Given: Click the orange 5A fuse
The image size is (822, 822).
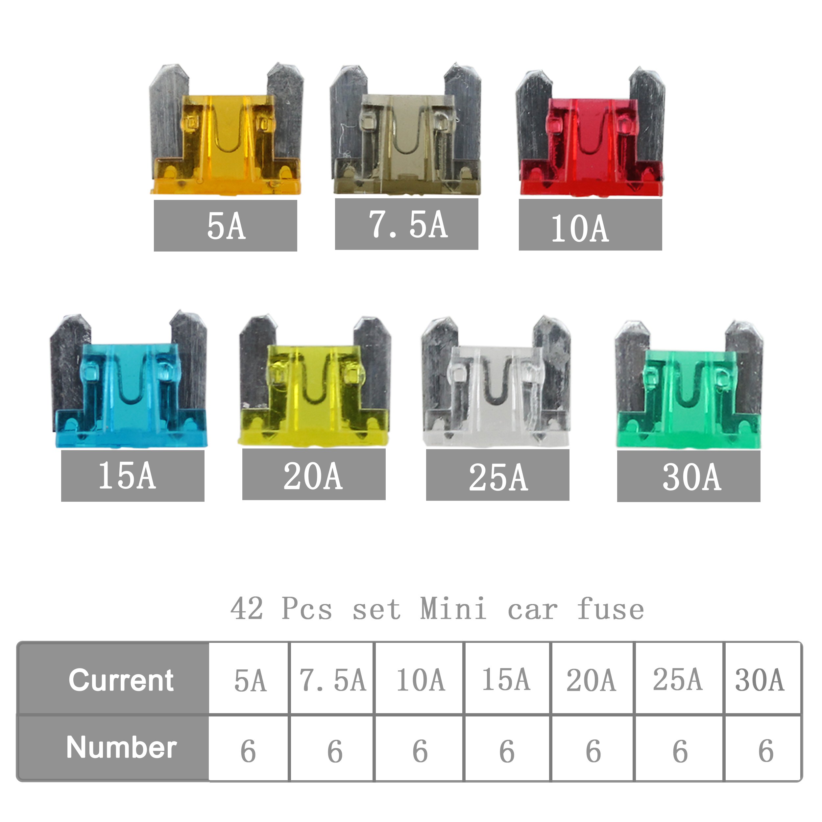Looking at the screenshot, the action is [226, 130].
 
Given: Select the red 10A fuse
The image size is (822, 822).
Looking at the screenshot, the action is [591, 132].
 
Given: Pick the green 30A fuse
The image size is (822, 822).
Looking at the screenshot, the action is [689, 385].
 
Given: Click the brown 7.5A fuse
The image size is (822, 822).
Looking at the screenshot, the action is [406, 130].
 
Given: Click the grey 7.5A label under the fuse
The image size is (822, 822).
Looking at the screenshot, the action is [407, 224].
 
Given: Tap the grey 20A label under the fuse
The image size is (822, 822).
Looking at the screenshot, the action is [314, 474].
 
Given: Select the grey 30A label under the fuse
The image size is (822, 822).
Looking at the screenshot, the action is [689, 476].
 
